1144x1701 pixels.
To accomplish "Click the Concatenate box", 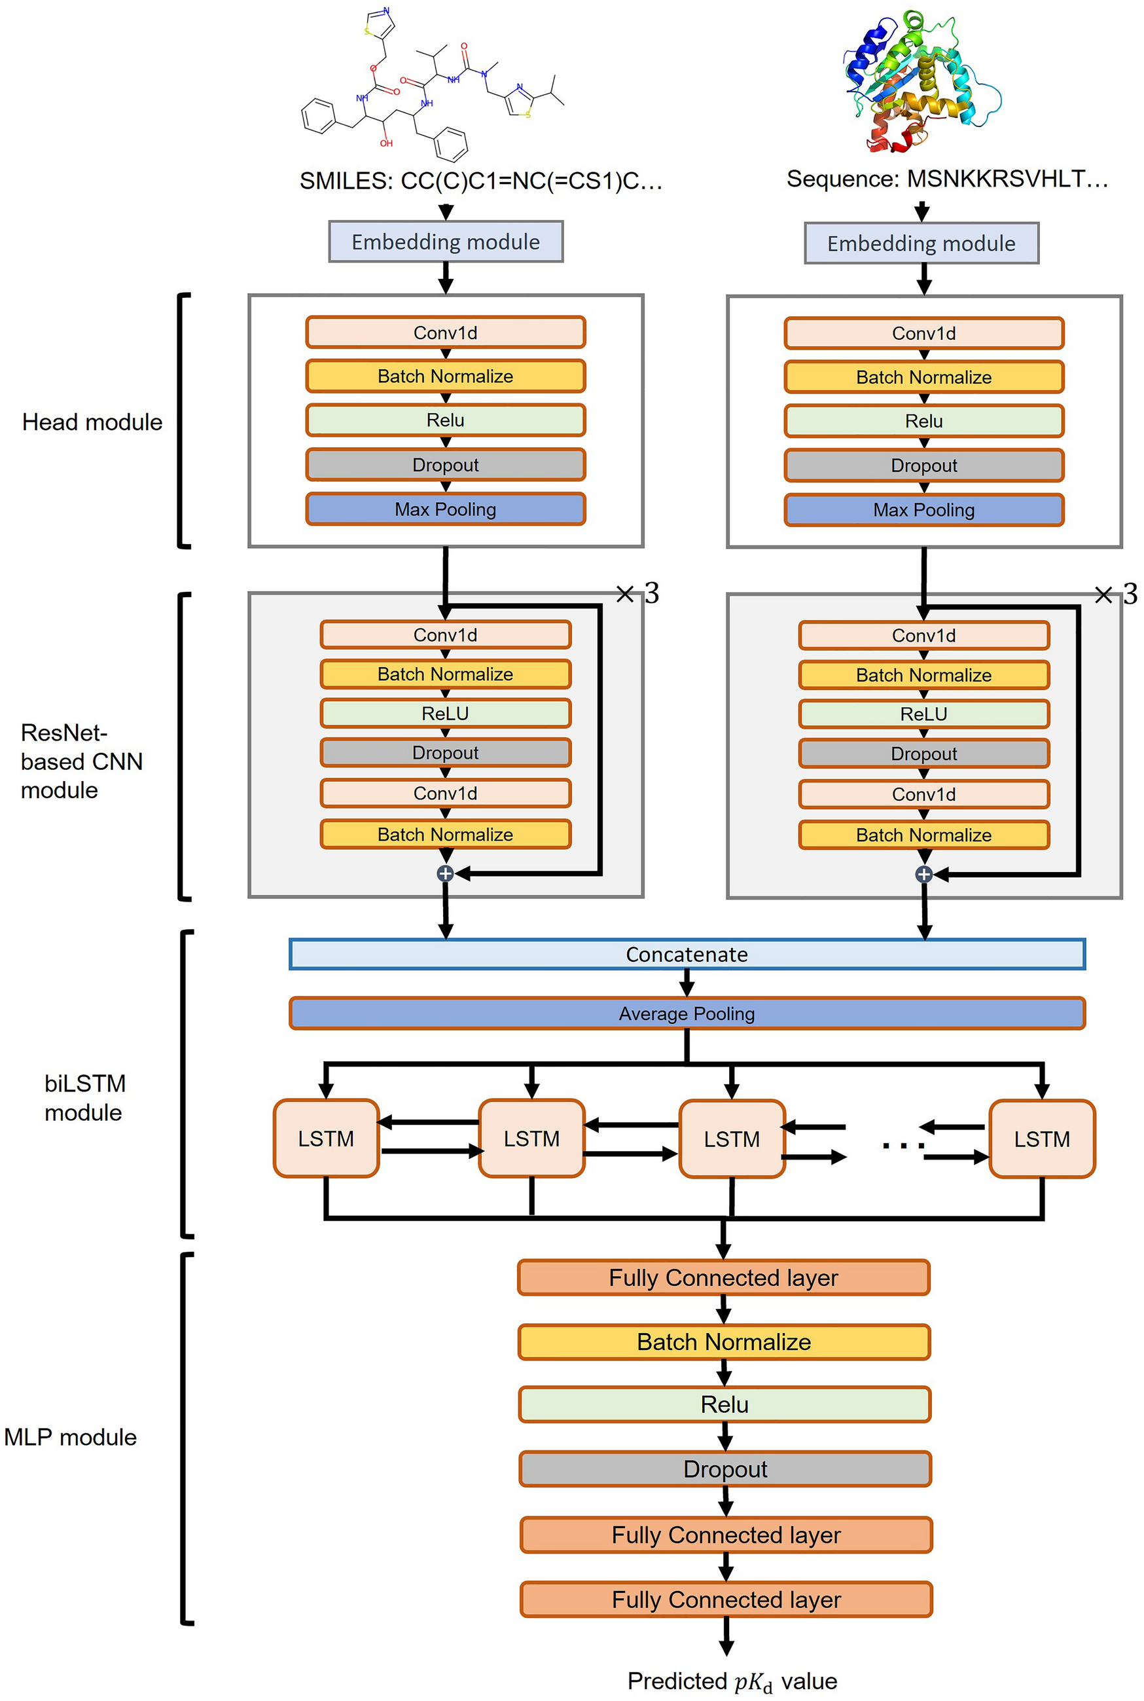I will [687, 954].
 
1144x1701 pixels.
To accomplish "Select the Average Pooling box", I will [687, 1013].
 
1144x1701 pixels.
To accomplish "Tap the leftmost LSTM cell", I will [326, 1138].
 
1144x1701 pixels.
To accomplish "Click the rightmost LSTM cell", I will [1041, 1139].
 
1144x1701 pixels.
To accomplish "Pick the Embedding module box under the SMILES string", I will [446, 242].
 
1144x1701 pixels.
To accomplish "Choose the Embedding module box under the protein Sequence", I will [921, 243].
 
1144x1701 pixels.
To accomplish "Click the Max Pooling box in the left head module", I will [445, 509].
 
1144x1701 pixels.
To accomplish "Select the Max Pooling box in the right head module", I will [923, 509].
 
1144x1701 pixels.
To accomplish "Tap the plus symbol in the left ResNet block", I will [445, 873].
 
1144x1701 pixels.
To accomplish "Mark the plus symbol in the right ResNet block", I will [923, 873].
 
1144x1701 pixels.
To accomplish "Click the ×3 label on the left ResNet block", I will [637, 593].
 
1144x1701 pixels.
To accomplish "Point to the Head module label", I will [92, 422].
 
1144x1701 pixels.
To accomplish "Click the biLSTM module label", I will [84, 1097].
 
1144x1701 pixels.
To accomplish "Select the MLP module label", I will [71, 1437].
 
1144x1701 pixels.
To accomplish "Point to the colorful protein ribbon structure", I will [921, 81].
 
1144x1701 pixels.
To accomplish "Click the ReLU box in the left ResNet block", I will [445, 713].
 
